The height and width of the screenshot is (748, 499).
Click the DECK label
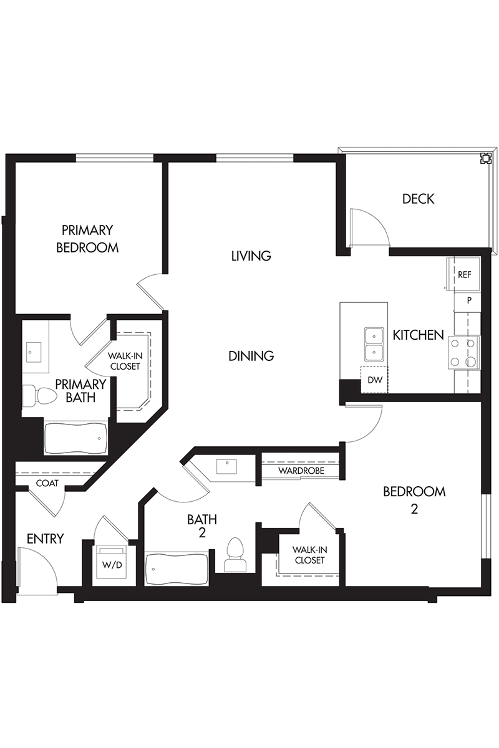click(x=418, y=199)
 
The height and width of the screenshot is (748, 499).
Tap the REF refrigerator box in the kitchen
click(x=463, y=274)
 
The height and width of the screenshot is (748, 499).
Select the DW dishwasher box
click(x=374, y=380)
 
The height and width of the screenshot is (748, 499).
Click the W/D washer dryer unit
click(x=112, y=565)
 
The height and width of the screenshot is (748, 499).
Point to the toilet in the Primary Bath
click(x=36, y=396)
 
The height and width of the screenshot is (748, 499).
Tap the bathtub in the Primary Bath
click(x=76, y=439)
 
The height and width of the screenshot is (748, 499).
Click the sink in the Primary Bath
click(x=34, y=352)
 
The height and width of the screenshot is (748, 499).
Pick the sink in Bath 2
click(x=226, y=466)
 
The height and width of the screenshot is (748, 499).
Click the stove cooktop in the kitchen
click(x=463, y=352)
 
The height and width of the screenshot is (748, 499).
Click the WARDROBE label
click(x=301, y=471)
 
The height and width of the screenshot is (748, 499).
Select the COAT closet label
click(x=47, y=483)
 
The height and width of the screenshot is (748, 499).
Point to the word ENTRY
click(x=45, y=539)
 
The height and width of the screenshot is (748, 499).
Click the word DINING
click(x=251, y=356)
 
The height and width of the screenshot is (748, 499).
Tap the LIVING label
click(x=251, y=256)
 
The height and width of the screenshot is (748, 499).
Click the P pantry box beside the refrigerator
click(x=468, y=300)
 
